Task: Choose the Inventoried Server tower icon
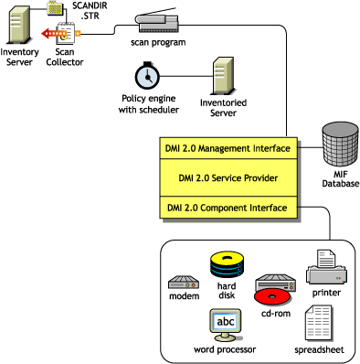(223, 76)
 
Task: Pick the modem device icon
(184, 283)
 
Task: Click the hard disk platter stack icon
(227, 265)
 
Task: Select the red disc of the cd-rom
(277, 294)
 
